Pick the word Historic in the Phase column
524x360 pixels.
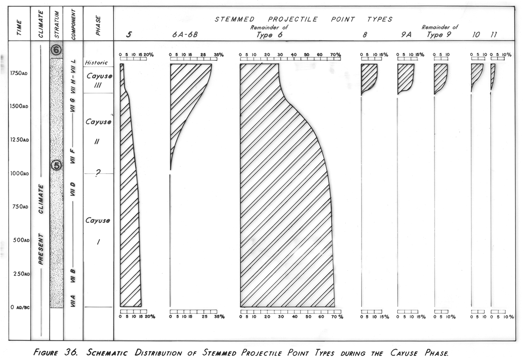coord(97,62)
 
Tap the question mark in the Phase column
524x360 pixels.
coord(98,173)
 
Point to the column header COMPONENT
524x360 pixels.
coord(74,24)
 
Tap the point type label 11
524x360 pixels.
coord(493,35)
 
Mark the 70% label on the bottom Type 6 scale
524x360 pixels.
coord(337,317)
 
